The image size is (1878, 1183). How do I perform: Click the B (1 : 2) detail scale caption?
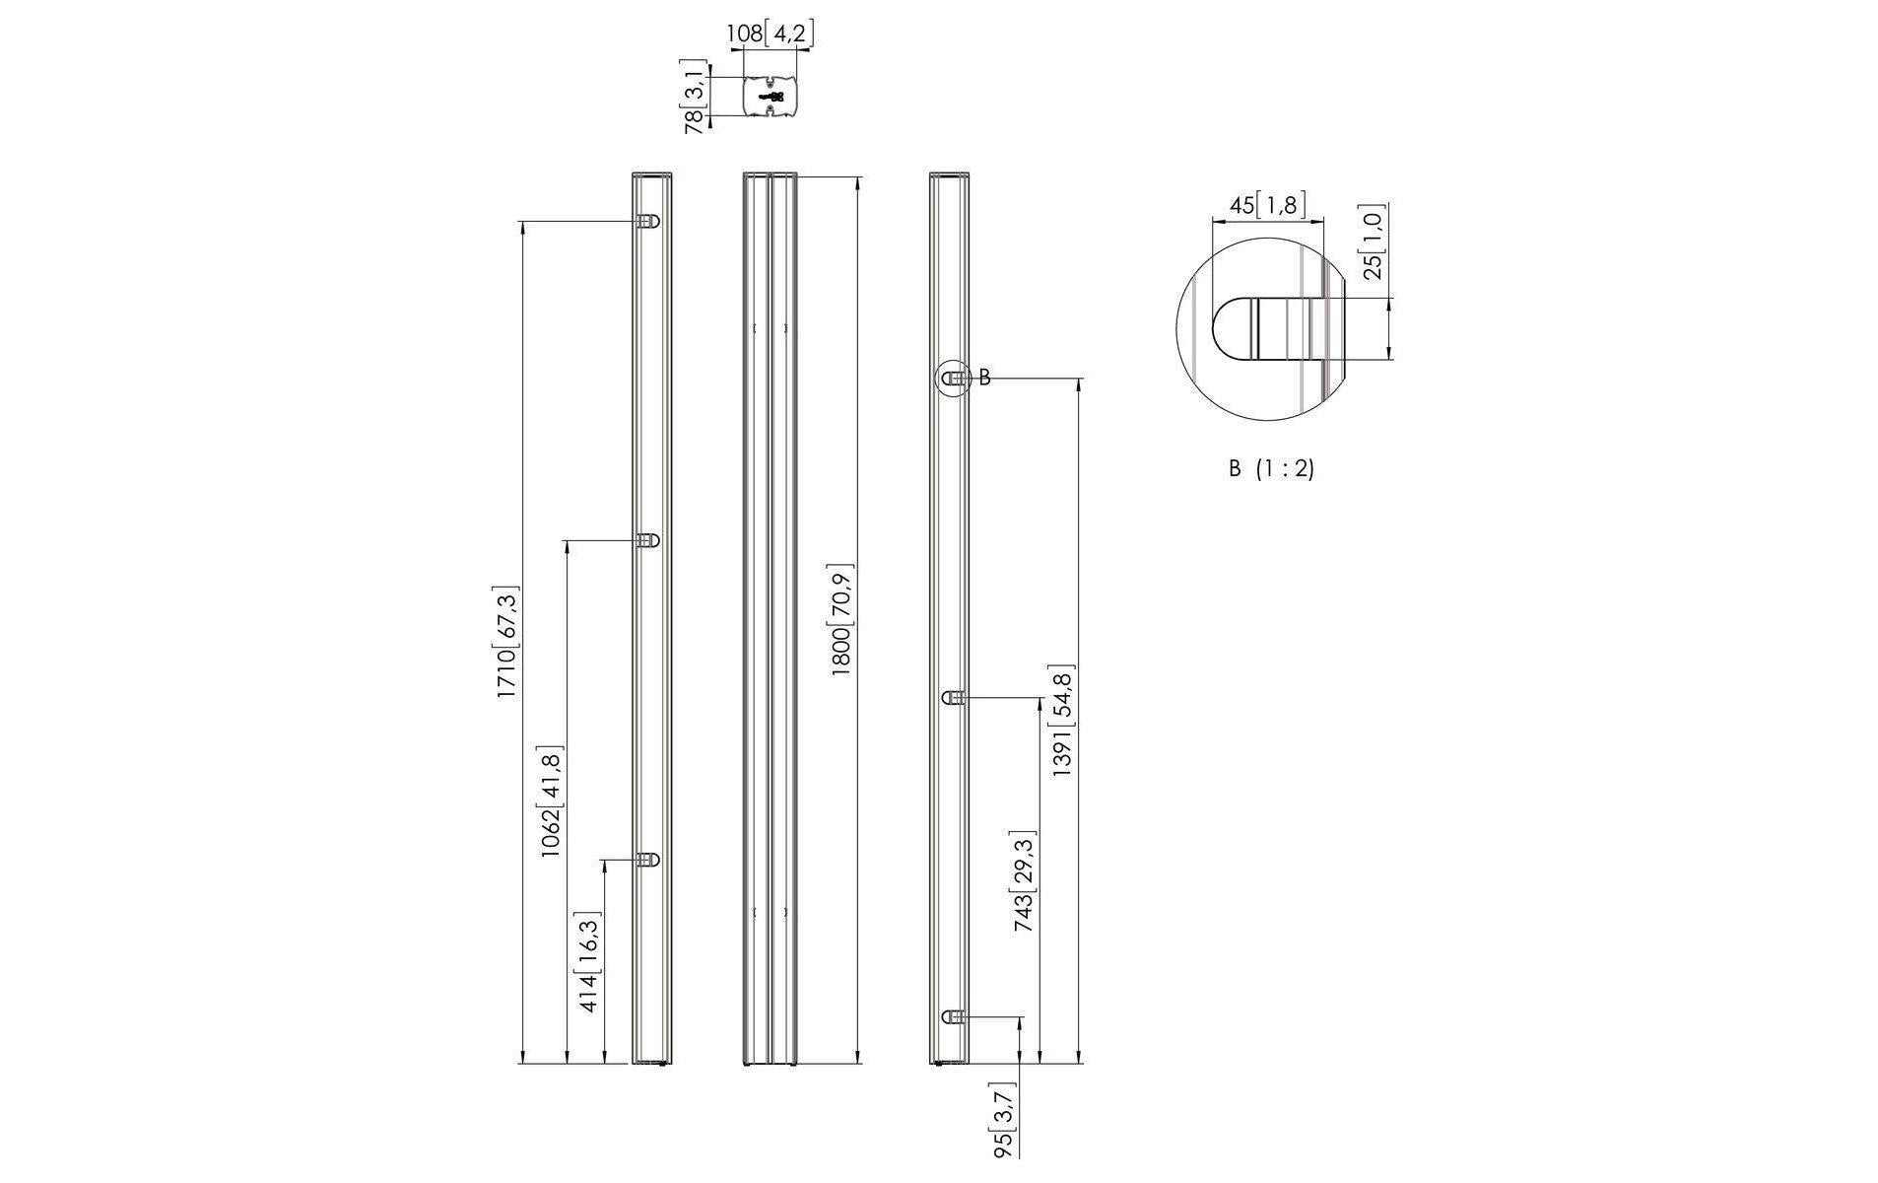(1271, 469)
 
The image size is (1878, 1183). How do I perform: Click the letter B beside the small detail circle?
(984, 378)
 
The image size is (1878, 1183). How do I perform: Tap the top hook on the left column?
(647, 222)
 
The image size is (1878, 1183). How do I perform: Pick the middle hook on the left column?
(647, 540)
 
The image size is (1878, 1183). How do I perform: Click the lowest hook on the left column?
(647, 860)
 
